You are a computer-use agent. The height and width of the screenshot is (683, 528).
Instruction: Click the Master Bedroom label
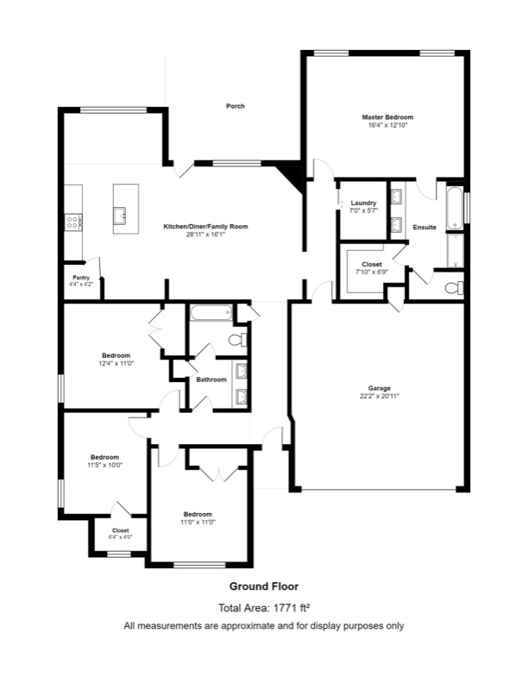387,117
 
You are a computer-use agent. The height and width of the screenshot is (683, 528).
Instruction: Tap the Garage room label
380,388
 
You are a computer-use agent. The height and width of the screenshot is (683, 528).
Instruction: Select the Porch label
235,106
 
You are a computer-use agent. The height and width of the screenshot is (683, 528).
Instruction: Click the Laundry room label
363,204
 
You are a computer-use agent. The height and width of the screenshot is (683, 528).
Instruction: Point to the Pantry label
80,278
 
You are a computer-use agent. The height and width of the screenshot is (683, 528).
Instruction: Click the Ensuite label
424,227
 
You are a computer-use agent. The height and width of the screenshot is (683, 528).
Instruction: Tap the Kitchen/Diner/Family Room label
205,226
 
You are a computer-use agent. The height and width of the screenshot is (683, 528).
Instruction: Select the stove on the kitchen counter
73,222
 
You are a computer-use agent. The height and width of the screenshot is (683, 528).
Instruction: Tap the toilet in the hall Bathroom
237,340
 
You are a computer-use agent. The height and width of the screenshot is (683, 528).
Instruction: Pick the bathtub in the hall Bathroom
211,312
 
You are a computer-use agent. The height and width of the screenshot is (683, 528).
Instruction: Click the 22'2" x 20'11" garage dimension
380,397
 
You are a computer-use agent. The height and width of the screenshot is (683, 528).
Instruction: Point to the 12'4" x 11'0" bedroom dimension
116,364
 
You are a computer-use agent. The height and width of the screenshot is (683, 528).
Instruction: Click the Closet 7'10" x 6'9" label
372,267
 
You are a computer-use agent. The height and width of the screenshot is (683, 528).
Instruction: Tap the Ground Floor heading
264,586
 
